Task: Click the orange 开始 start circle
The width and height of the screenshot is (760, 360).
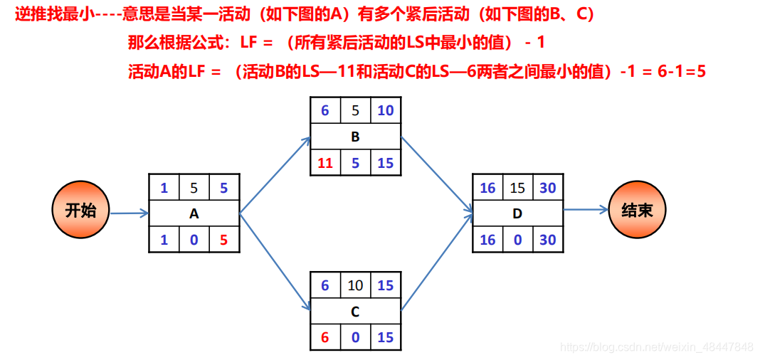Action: [80, 211]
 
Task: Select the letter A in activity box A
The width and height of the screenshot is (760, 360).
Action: [194, 213]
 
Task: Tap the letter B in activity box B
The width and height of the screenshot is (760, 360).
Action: [355, 137]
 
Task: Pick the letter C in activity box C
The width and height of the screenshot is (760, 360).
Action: [355, 312]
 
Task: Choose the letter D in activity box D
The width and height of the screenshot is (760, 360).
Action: [517, 213]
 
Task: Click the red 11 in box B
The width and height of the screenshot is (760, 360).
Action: [325, 163]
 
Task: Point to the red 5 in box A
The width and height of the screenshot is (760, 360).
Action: [224, 240]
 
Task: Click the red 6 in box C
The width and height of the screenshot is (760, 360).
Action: [325, 338]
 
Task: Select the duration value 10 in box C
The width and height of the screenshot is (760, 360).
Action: [355, 285]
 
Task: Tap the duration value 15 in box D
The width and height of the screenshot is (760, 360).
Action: [517, 188]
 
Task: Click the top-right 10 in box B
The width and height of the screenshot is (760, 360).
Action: [385, 110]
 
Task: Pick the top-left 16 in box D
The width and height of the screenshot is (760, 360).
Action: [487, 188]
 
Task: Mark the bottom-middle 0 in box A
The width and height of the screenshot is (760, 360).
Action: [194, 240]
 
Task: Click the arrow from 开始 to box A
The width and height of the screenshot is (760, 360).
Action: [128, 212]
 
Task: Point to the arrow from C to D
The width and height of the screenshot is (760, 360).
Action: [436, 262]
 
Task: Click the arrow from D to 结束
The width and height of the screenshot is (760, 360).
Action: [586, 210]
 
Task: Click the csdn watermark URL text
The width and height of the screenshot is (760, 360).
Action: [656, 347]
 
